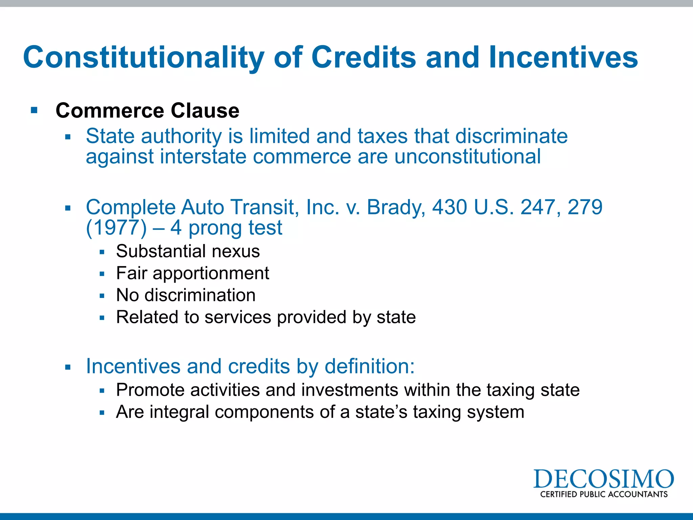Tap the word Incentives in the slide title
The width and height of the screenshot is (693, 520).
563,58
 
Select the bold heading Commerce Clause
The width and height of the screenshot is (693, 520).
148,111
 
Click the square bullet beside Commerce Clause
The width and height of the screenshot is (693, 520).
34,110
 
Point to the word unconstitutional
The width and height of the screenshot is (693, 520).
467,156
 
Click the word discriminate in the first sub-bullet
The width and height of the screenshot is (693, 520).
511,136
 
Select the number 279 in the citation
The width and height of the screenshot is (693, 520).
585,207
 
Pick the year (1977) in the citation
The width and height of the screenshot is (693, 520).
116,228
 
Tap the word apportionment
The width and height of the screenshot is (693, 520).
211,274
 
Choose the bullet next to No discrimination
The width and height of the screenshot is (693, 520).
102,296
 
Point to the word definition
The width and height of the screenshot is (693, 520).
369,366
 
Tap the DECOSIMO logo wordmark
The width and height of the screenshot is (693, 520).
603,479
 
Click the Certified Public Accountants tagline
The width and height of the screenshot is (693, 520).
604,494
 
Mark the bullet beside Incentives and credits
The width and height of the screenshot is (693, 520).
68,367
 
